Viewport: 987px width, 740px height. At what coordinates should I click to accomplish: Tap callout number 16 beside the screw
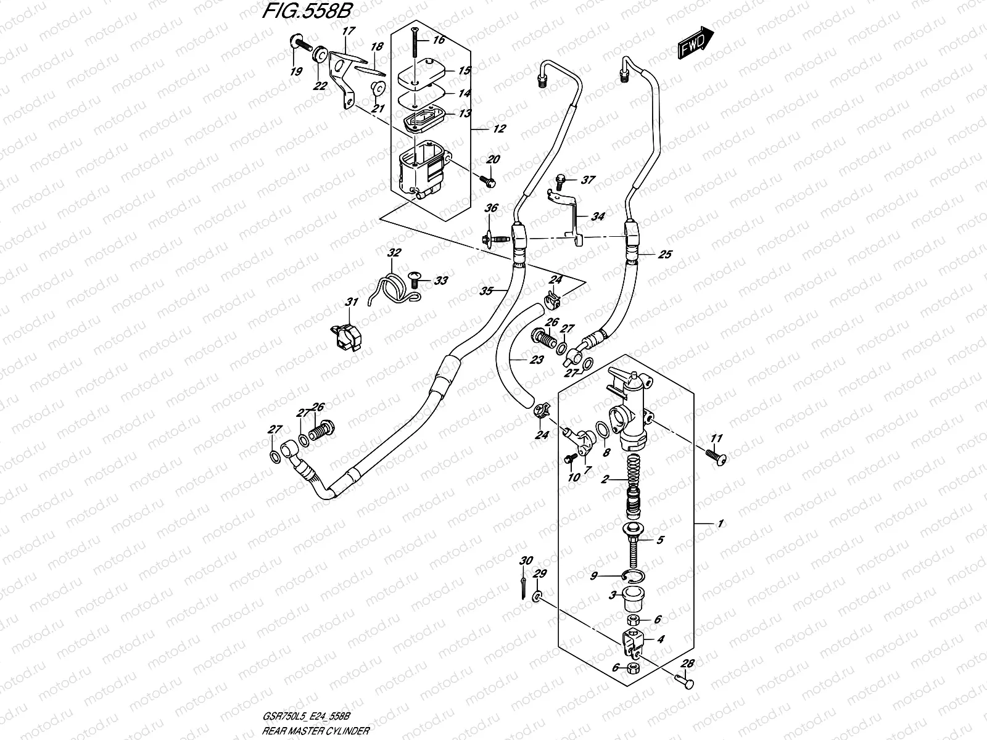coord(456,41)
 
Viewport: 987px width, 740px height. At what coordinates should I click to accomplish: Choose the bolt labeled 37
coord(560,179)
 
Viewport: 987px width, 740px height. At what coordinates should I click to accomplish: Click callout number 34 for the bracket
coord(597,217)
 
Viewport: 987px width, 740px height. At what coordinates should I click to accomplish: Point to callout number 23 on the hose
coord(536,360)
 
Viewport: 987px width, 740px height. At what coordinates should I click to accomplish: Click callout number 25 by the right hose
coord(664,254)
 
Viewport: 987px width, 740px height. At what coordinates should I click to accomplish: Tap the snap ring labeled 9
coord(633,577)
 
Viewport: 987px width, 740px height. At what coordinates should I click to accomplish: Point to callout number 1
coord(719,524)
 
